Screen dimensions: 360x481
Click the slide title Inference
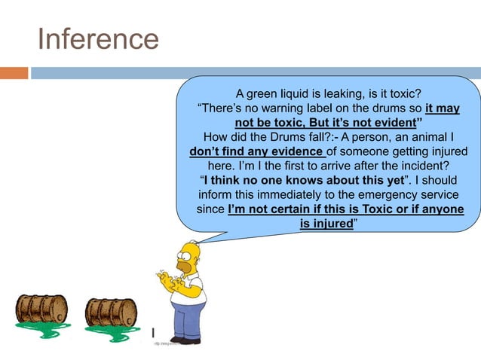pyautogui.click(x=98, y=39)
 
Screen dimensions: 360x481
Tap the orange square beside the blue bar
pyautogui.click(x=14, y=73)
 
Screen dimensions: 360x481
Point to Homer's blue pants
pyautogui.click(x=188, y=320)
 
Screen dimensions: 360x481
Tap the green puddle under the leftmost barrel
pyautogui.click(x=44, y=328)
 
